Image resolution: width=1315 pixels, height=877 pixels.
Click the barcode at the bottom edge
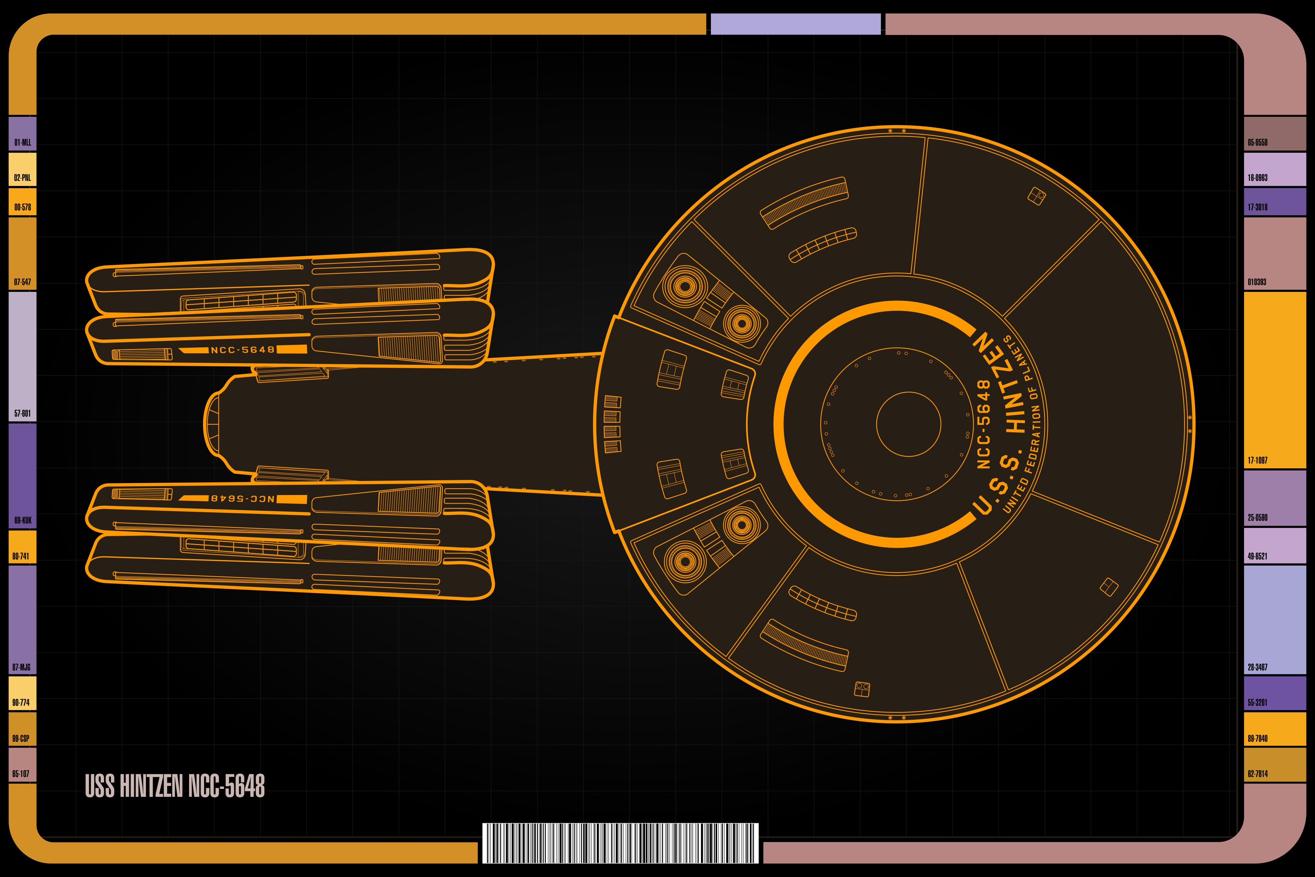click(620, 843)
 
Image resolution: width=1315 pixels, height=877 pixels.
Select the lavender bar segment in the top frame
click(795, 24)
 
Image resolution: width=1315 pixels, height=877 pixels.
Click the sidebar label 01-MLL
click(22, 143)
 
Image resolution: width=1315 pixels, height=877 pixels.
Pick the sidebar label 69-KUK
click(22, 520)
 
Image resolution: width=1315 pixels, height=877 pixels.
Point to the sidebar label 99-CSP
click(21, 738)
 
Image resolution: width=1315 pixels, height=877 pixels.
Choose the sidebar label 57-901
click(22, 413)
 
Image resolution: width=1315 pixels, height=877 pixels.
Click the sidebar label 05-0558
click(1257, 143)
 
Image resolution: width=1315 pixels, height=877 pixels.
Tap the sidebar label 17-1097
click(1257, 460)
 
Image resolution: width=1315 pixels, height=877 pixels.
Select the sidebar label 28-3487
click(1257, 667)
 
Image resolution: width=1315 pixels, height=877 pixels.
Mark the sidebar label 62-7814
click(1257, 774)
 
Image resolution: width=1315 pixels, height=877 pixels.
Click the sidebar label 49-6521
click(1257, 556)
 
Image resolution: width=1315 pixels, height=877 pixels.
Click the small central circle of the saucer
click(909, 424)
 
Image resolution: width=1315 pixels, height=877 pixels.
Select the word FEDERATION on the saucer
click(1033, 437)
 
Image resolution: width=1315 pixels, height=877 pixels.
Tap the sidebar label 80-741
click(21, 556)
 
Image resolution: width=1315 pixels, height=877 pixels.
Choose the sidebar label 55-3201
click(1257, 703)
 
